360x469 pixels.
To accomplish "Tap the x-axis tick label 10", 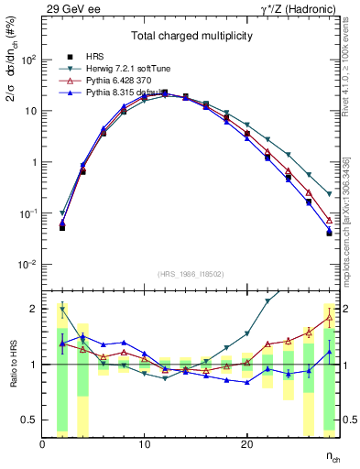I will pyautogui.click(x=144, y=444).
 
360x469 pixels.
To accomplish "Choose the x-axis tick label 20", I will pyautogui.click(x=246, y=444).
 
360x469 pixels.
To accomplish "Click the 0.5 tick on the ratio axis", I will pyautogui.click(x=29, y=420).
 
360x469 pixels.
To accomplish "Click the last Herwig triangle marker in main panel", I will pyautogui.click(x=329, y=195).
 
